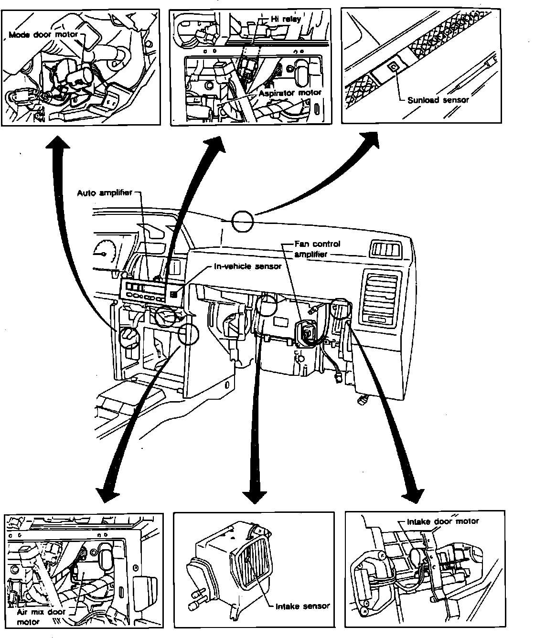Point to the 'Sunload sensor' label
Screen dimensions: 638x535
point(438,100)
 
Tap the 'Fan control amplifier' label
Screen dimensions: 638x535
point(317,249)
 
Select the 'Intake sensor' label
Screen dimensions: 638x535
point(302,606)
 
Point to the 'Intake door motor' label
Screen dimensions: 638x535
point(442,521)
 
